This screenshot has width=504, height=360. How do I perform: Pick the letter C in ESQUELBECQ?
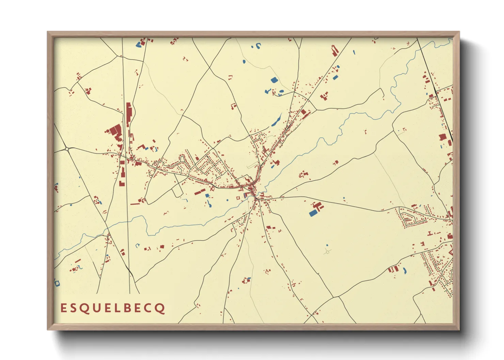pyautogui.click(x=150, y=308)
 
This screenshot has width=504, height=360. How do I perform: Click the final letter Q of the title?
pyautogui.click(x=161, y=309)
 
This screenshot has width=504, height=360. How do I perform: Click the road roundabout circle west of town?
pyautogui.click(x=67, y=149)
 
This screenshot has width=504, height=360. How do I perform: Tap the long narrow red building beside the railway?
pyautogui.click(x=129, y=115)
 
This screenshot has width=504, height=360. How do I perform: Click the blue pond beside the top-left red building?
pyautogui.click(x=139, y=44)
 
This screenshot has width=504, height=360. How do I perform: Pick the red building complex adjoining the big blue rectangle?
pyautogui.click(x=318, y=206)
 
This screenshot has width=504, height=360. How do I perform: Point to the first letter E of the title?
pyautogui.click(x=63, y=308)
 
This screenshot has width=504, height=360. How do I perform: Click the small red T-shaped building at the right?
pyautogui.click(x=430, y=233)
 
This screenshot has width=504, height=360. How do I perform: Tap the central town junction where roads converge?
pyautogui.click(x=256, y=196)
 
